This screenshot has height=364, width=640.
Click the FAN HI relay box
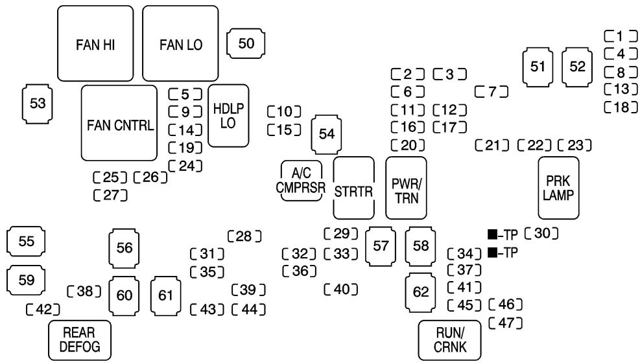click(x=95, y=43)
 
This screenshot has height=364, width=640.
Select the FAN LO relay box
click(x=180, y=43)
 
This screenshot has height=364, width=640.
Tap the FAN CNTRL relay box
click(x=119, y=123)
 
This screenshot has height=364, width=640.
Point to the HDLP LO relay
click(x=228, y=116)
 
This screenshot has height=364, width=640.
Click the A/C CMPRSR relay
click(x=302, y=181)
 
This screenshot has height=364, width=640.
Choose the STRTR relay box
click(x=354, y=188)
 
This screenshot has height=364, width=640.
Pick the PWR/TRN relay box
click(x=406, y=188)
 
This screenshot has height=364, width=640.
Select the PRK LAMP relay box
click(x=559, y=188)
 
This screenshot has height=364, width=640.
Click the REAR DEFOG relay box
click(x=80, y=340)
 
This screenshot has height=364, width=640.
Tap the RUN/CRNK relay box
click(x=450, y=340)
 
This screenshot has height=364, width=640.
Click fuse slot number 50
click(x=246, y=43)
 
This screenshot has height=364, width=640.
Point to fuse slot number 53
click(x=38, y=104)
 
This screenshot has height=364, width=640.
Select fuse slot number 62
click(x=421, y=292)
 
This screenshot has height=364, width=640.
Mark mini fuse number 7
click(x=492, y=92)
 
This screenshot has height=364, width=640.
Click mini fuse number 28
click(x=244, y=236)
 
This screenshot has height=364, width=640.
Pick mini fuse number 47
click(x=506, y=323)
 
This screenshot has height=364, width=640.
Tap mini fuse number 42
click(x=43, y=310)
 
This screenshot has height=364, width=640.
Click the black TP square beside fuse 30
click(x=493, y=234)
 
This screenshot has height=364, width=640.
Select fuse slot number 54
click(x=327, y=134)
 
